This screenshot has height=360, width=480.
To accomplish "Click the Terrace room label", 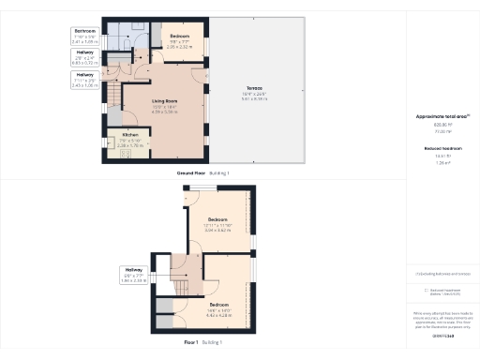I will [x=255, y=89].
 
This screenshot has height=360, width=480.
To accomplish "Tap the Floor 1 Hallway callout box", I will [x=135, y=274].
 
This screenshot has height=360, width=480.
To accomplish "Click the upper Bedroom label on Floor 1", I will [x=217, y=219].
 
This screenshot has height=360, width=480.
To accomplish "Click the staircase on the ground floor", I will [x=114, y=94].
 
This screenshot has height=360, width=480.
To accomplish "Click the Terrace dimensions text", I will [x=255, y=95].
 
